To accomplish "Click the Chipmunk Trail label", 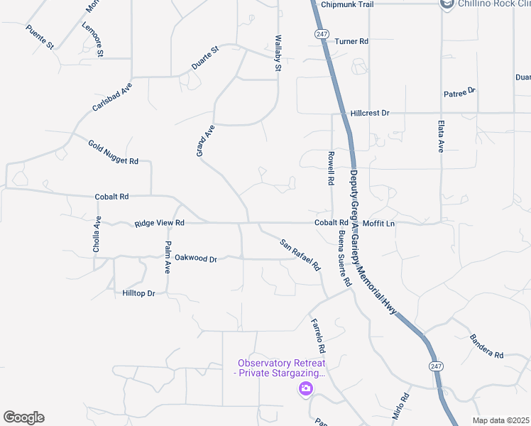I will pyautogui.click(x=346, y=4).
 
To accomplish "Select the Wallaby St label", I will pyautogui.click(x=278, y=52).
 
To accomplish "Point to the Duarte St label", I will pyautogui.click(x=206, y=58).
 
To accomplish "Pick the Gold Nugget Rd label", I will pyautogui.click(x=113, y=153).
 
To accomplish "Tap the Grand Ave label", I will pyautogui.click(x=204, y=141).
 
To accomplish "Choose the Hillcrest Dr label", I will pyautogui.click(x=370, y=113).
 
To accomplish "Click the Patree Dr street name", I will pyautogui.click(x=460, y=92).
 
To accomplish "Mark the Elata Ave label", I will pyautogui.click(x=441, y=135).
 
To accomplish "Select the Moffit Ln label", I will pyautogui.click(x=378, y=224).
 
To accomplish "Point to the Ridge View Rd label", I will pyautogui.click(x=160, y=223).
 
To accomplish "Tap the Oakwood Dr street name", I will pyautogui.click(x=195, y=258).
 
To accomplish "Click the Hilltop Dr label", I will pyautogui.click(x=138, y=293).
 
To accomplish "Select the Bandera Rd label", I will pyautogui.click(x=486, y=346).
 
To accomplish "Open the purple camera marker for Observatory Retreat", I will pyautogui.click(x=306, y=388).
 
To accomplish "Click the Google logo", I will pyautogui.click(x=23, y=417).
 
